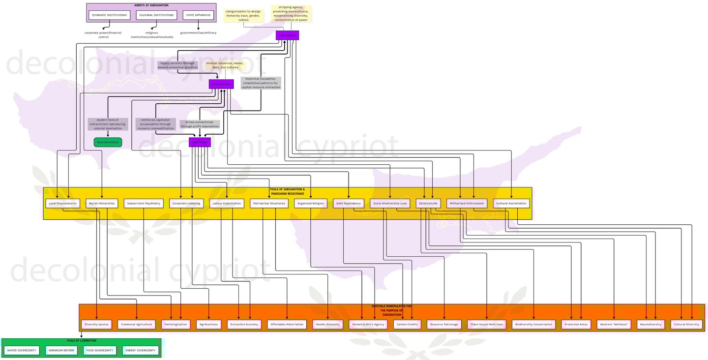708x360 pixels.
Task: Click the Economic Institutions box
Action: click(x=109, y=15)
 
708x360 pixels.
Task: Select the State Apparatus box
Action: click(x=198, y=15)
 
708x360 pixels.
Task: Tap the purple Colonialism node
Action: click(x=287, y=35)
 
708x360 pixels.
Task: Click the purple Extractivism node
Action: click(x=221, y=84)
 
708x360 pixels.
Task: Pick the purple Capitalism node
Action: click(x=200, y=142)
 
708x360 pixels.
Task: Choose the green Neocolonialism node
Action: click(x=108, y=142)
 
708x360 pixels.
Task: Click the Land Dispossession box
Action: click(x=62, y=203)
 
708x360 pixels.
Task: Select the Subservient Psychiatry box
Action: click(x=144, y=203)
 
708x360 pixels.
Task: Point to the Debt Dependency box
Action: click(x=349, y=203)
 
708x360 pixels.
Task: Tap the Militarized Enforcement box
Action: click(x=467, y=203)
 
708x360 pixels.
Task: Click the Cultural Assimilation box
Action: click(x=511, y=203)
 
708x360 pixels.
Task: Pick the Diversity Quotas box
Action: click(x=96, y=325)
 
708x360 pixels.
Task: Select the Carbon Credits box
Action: click(x=407, y=325)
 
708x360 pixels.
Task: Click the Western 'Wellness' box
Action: click(x=614, y=325)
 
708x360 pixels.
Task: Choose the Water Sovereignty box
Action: click(x=22, y=351)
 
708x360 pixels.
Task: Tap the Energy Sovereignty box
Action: click(x=140, y=351)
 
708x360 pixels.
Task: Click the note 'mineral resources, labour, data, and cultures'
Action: click(x=225, y=65)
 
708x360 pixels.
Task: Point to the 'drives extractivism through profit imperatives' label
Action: click(x=200, y=124)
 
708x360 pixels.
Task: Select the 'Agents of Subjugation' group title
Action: click(x=151, y=5)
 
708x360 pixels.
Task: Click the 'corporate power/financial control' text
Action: click(x=103, y=35)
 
